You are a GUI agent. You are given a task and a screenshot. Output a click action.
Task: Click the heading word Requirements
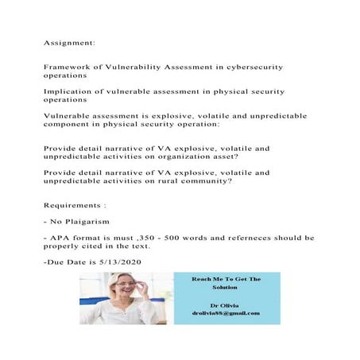click(x=77, y=204)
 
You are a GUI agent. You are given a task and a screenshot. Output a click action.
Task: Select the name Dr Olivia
click(x=226, y=304)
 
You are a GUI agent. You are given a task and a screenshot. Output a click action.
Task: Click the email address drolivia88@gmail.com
click(x=226, y=313)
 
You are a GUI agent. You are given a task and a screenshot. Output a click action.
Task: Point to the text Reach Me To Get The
click(x=226, y=279)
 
